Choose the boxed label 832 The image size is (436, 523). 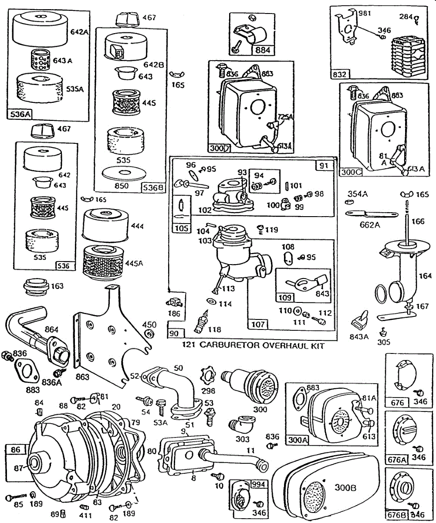pos(339,74)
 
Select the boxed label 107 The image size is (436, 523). pos(258,324)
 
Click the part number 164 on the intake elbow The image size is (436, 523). pos(425,275)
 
